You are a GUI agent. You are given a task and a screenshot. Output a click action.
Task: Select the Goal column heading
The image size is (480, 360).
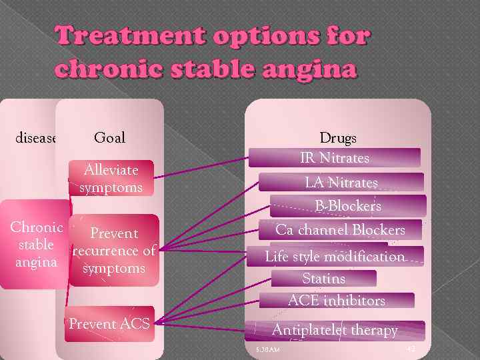pos(109,138)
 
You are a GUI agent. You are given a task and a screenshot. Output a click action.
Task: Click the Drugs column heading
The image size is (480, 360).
pos(338,138)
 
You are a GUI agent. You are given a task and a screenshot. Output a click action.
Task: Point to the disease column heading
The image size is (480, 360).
pos(35,138)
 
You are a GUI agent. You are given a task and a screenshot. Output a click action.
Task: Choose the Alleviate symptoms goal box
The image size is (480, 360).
pos(112,179)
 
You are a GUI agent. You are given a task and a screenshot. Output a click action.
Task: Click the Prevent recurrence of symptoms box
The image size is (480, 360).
pos(114,251)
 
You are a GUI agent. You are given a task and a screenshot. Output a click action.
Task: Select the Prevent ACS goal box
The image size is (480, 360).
pos(110,325)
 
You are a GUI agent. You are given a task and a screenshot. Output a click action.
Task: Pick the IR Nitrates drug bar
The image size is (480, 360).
pos(335,158)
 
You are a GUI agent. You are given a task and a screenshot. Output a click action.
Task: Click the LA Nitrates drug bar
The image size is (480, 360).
pos(341,182)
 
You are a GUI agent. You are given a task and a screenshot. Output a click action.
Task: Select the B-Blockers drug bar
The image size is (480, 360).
pos(348,206)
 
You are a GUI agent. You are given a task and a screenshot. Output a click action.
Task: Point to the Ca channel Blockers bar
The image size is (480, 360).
pos(340,230)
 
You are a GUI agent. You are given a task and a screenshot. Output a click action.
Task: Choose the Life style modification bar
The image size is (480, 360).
pos(335,256)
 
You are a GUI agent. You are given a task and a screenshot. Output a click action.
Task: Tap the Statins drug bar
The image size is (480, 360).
pos(324,278)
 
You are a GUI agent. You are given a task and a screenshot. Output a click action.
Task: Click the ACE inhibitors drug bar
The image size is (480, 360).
pos(336,301)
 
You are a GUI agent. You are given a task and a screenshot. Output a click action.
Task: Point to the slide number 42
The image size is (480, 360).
pos(409,349)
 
